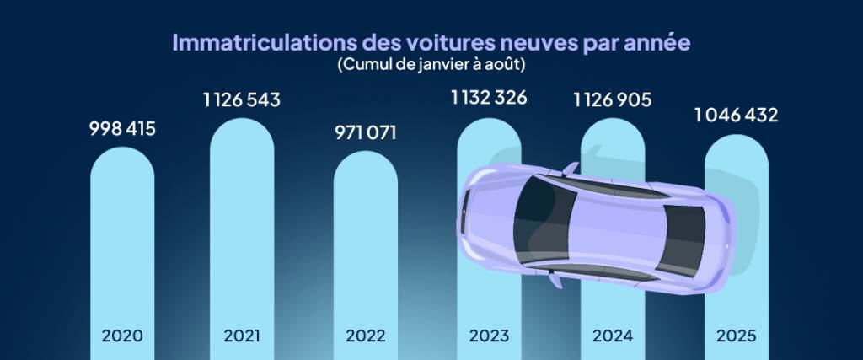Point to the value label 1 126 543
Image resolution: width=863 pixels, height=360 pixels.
[242, 100]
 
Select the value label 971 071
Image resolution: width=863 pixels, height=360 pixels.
[366, 133]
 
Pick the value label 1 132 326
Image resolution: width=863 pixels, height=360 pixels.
[489, 97]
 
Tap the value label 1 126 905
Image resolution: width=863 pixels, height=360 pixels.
[613, 100]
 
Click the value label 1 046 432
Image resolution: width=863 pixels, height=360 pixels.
[736, 115]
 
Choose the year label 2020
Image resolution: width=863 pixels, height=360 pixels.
[122, 336]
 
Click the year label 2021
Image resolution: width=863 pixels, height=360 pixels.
[242, 336]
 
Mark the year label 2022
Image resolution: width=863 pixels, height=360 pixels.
[366, 336]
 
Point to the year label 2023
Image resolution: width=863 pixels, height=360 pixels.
[489, 336]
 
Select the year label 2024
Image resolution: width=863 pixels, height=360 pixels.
[613, 336]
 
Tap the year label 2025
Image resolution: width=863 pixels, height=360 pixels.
[736, 336]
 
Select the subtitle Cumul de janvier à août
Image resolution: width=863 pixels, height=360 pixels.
[431, 63]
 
